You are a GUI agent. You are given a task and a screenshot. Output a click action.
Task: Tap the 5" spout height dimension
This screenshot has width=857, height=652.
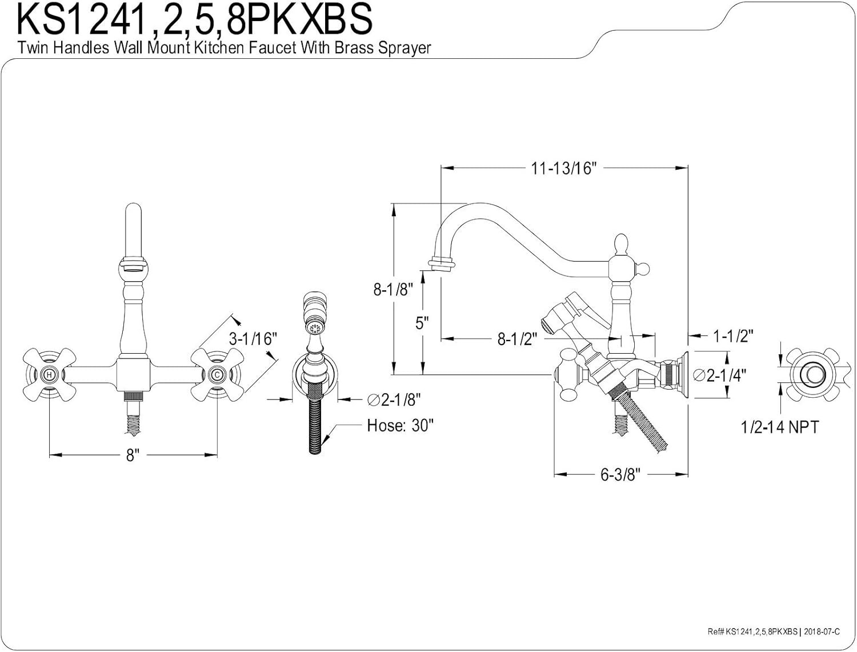click(422, 323)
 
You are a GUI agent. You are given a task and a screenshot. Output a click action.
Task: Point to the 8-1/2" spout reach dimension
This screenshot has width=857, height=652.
click(517, 339)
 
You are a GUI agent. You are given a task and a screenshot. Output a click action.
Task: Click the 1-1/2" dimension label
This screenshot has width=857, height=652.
click(733, 336)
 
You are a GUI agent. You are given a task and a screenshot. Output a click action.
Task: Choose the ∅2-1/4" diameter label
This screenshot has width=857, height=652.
click(719, 375)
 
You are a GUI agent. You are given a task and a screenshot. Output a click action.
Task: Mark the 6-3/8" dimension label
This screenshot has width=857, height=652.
click(620, 474)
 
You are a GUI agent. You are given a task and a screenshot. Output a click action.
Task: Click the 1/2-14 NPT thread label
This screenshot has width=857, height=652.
click(779, 426)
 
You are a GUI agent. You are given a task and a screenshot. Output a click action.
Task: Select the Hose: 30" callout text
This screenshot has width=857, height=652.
click(400, 426)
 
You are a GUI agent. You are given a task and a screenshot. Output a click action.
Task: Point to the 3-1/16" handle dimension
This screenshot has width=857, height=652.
click(253, 338)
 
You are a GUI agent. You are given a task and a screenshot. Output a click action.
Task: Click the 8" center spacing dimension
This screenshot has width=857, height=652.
click(133, 455)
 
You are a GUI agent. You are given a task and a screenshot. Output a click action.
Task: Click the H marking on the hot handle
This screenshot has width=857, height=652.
click(50, 375)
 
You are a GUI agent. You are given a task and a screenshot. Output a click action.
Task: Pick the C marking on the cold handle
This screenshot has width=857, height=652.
click(217, 375)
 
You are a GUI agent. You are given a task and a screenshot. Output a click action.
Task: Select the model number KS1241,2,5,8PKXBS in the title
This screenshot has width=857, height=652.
click(195, 20)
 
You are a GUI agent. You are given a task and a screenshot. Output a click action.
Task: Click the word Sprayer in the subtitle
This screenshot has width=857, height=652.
click(404, 48)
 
